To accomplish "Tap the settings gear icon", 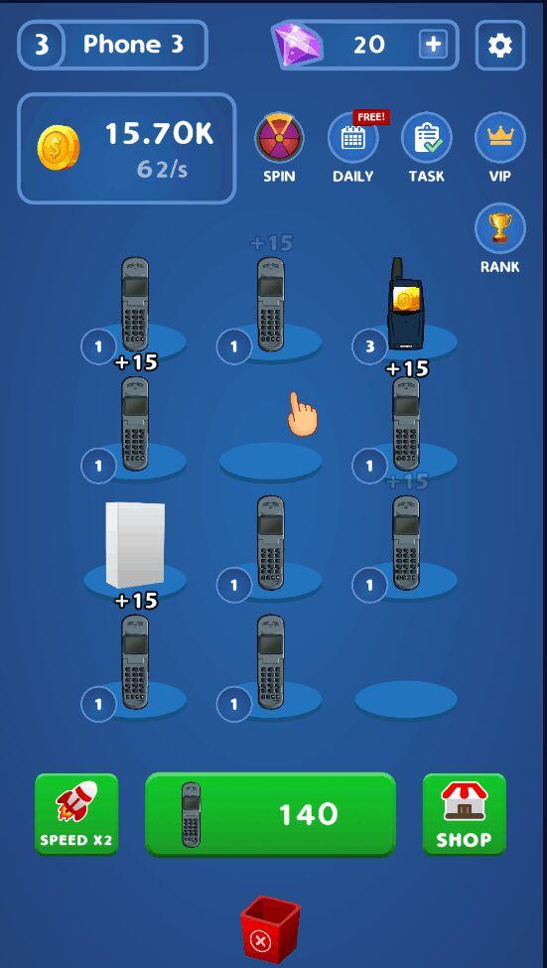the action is point(500,45).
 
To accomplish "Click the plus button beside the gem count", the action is point(434,45).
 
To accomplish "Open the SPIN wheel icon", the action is point(279,137).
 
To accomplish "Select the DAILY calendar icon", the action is point(352,138).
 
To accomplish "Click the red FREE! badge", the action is point(371,117).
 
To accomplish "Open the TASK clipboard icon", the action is point(427,138).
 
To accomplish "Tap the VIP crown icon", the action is point(500,138).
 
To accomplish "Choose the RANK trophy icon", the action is point(500,228).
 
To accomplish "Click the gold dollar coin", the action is point(59,148).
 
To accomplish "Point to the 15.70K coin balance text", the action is point(159,133).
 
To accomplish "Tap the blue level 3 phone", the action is point(405,305).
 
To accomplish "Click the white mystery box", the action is point(135,544).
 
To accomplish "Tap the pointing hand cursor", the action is point(302,414).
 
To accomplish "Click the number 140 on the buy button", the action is point(308,814).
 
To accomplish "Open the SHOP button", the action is point(465,814).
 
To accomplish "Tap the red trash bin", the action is point(270,930).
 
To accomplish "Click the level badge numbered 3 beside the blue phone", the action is point(369,346).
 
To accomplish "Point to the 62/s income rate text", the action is point(162,169).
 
